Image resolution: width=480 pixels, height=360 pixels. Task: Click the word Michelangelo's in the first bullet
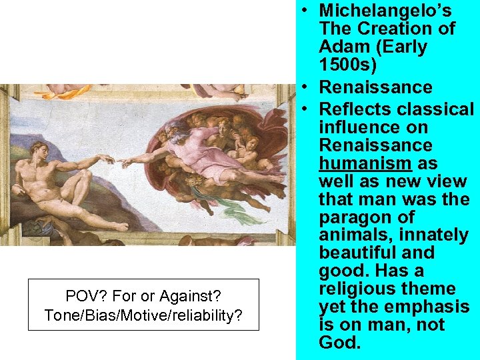pyautogui.click(x=385, y=11)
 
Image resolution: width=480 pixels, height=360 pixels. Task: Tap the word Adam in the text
pyautogui.click(x=340, y=47)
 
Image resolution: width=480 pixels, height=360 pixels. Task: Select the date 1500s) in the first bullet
pyautogui.click(x=346, y=65)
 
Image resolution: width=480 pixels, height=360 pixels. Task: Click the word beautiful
pyautogui.click(x=355, y=253)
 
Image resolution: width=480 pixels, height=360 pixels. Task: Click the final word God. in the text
pyautogui.click(x=340, y=343)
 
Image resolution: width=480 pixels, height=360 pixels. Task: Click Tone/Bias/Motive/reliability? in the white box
pyautogui.click(x=143, y=315)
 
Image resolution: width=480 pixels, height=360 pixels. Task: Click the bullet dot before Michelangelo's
pyautogui.click(x=303, y=11)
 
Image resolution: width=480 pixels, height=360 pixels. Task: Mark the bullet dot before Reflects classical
pyautogui.click(x=303, y=109)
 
